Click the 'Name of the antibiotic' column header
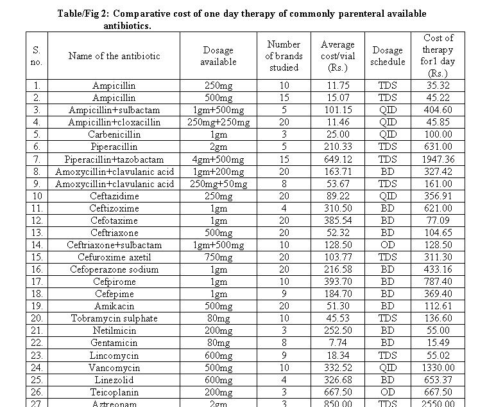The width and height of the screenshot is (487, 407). tap(114, 56)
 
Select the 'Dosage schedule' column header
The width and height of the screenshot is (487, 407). tap(388, 56)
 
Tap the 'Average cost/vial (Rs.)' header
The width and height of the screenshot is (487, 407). tap(337, 56)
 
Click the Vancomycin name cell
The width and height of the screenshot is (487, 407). tap(114, 368)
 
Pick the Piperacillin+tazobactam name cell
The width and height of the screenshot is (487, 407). tap(114, 159)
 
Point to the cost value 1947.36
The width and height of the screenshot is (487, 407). tap(438, 159)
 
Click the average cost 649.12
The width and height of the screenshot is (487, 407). tap(337, 159)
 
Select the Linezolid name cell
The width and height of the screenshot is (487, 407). tap(114, 380)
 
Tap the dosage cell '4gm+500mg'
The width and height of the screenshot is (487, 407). tap(219, 159)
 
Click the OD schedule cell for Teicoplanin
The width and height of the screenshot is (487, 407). tap(388, 392)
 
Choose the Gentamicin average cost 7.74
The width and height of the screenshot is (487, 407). tap(337, 343)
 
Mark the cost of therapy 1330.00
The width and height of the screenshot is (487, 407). tap(438, 368)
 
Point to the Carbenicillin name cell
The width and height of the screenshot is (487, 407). tap(114, 135)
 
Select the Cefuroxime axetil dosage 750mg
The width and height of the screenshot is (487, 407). tap(219, 257)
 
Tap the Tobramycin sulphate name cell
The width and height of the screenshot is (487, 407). tap(114, 318)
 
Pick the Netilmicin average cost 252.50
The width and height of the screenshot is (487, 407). tap(337, 330)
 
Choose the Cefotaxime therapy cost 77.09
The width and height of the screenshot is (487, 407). tap(438, 221)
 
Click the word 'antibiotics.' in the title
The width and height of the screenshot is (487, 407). tap(128, 26)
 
